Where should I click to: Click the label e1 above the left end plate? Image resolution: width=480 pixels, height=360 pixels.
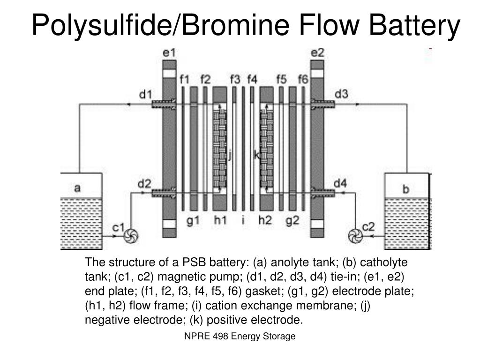tap(169, 53)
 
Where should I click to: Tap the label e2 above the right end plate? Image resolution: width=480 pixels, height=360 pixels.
tap(317, 52)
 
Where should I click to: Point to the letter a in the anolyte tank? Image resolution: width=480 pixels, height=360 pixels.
tap(77, 188)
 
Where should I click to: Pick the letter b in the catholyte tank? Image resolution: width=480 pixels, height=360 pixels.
tap(406, 189)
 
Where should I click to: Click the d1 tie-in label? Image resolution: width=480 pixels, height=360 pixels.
tap(146, 94)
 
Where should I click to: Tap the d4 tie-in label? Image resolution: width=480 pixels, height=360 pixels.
tap(340, 182)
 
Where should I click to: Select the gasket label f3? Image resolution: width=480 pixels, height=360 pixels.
tap(235, 79)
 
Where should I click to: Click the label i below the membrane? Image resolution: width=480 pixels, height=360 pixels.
tap(243, 219)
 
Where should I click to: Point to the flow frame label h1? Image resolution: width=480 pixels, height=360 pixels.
tap(220, 220)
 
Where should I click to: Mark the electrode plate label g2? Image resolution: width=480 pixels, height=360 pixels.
tap(292, 220)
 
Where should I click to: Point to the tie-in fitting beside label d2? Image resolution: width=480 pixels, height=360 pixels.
tap(163, 192)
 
